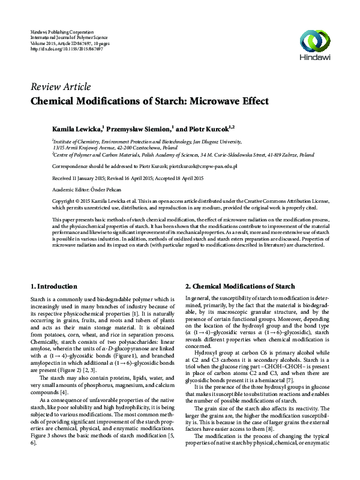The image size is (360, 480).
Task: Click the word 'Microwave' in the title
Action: [205, 100]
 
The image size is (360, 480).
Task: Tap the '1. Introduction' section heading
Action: [53, 286]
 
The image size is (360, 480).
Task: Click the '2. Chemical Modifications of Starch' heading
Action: [239, 286]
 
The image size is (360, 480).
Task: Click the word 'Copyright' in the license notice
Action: [65, 201]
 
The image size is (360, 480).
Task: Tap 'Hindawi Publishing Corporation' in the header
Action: [62, 31]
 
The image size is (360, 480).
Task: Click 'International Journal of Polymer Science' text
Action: [71, 37]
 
